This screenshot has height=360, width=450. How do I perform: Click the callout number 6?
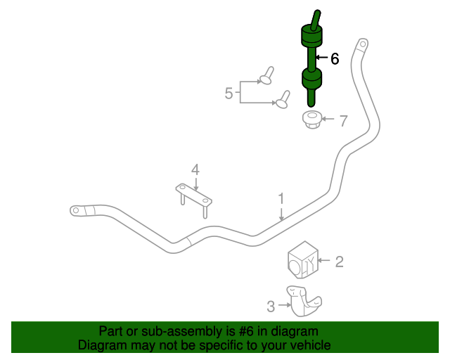[335, 59]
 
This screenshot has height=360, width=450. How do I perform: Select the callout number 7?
[343, 121]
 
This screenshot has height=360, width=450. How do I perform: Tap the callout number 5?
[229, 93]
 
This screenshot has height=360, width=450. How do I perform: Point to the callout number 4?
[195, 169]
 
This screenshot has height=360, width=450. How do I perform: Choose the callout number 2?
[339, 262]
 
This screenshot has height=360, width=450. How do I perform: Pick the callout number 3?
[271, 306]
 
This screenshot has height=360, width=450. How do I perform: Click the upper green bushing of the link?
[311, 36]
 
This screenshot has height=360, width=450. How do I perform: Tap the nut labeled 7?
[311, 120]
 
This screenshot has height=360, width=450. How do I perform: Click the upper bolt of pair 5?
[266, 76]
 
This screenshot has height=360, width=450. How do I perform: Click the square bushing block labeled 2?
[303, 260]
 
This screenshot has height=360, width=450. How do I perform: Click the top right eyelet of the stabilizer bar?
[364, 46]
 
